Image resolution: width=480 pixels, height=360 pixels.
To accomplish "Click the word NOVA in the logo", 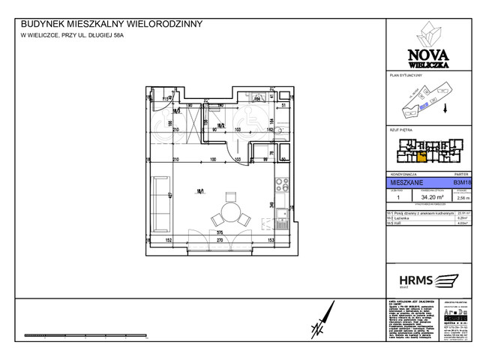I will click(x=424, y=52).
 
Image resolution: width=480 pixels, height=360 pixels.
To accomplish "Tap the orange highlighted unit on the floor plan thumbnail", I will click(x=421, y=157).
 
